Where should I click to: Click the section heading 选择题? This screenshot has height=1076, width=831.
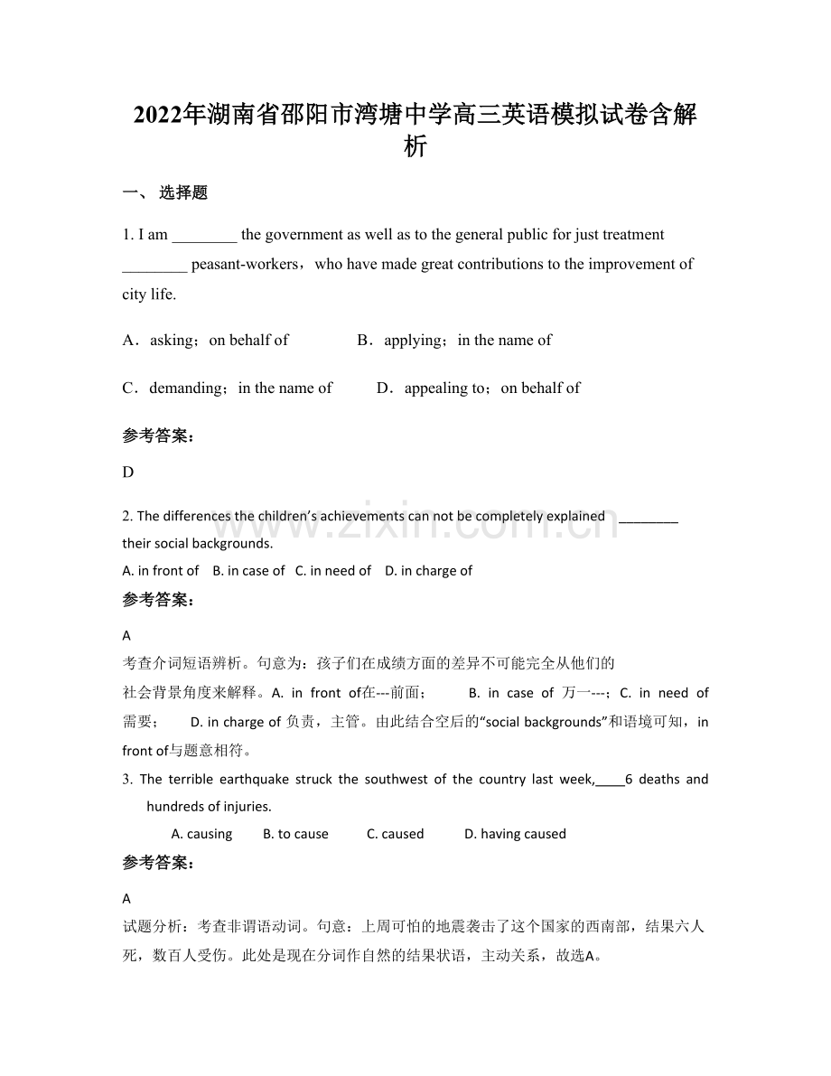pyautogui.click(x=183, y=192)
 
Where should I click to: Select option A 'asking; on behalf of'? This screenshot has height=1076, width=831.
pyautogui.click(x=206, y=341)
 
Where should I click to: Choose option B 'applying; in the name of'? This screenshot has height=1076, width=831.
pyautogui.click(x=454, y=341)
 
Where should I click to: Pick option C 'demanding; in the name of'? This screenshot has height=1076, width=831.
pyautogui.click(x=228, y=388)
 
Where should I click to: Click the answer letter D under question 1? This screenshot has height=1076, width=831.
pyautogui.click(x=128, y=473)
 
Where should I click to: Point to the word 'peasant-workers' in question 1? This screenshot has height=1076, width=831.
pyautogui.click(x=244, y=265)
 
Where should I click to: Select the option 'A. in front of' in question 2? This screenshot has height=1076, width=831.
pyautogui.click(x=161, y=571)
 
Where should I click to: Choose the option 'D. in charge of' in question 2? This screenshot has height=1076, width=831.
pyautogui.click(x=428, y=571)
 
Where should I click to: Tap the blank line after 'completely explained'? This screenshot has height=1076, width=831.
pyautogui.click(x=649, y=517)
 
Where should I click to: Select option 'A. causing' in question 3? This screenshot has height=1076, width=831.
pyautogui.click(x=201, y=835)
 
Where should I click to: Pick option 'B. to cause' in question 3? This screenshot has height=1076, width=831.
pyautogui.click(x=295, y=835)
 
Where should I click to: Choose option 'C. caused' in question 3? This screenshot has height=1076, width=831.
pyautogui.click(x=395, y=835)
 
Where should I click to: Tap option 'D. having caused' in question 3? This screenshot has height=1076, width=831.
pyautogui.click(x=515, y=835)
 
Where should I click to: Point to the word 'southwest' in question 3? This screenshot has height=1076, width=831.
pyautogui.click(x=395, y=780)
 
